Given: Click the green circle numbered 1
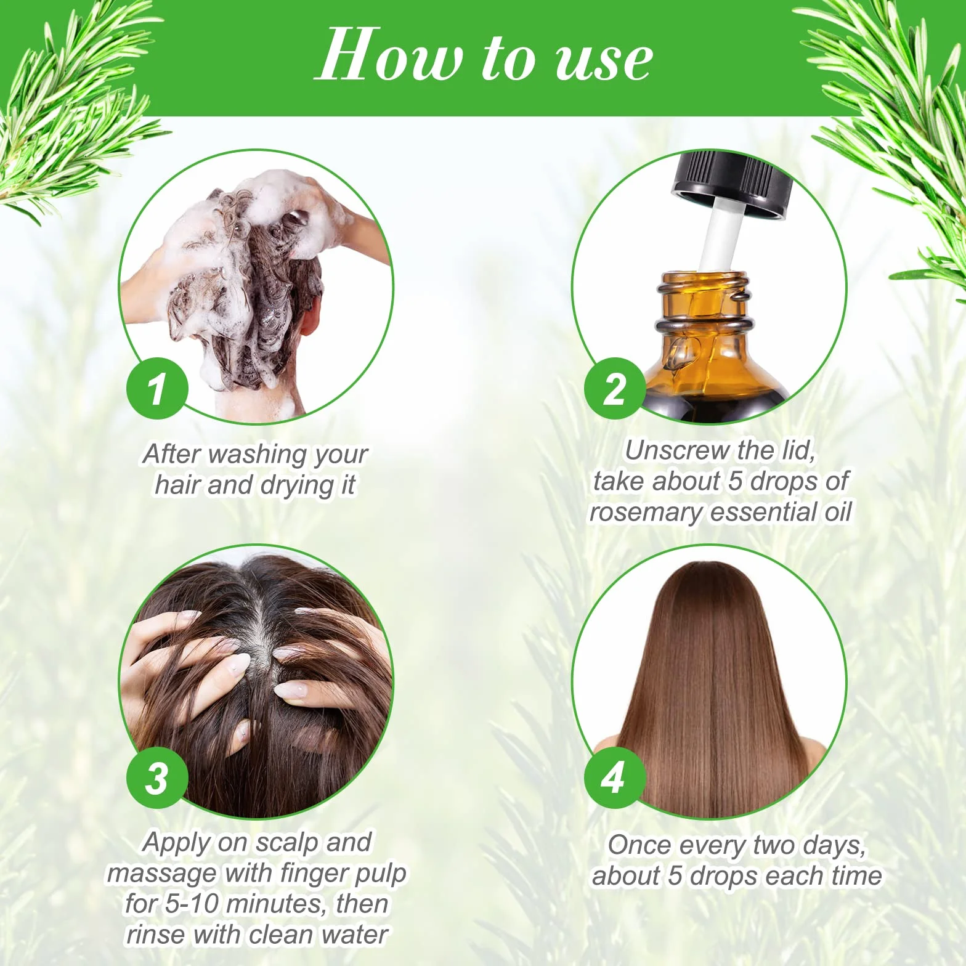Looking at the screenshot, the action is (157, 389).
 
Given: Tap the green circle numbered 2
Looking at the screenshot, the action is (614, 389).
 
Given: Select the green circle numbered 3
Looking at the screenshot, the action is (157, 777).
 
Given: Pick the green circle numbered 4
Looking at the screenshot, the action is (614, 777).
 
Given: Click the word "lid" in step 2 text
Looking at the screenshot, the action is (799, 451).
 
